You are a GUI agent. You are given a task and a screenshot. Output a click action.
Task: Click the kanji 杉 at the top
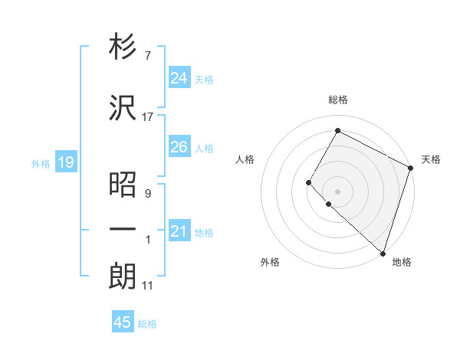[x=123, y=47]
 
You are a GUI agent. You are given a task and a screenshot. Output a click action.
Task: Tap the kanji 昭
[x=123, y=185]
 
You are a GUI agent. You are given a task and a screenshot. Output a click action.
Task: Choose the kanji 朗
[x=123, y=277]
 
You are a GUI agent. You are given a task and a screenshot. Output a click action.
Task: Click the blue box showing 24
[x=179, y=78]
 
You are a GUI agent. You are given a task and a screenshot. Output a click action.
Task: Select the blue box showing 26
[x=179, y=147]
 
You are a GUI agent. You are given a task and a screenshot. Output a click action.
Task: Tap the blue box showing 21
[x=179, y=231]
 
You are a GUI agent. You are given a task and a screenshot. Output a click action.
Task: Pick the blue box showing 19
[x=65, y=162]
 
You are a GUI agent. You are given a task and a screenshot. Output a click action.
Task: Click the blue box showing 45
[x=123, y=323]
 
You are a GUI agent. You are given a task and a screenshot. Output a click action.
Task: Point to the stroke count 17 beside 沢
[x=148, y=117]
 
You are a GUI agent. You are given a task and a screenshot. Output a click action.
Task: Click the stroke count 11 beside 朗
[x=148, y=286]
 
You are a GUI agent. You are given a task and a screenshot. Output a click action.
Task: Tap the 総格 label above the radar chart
[x=338, y=100]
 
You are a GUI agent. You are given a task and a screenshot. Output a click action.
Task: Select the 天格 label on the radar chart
[x=431, y=159]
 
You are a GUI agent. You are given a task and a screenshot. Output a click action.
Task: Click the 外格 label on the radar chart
[x=270, y=262]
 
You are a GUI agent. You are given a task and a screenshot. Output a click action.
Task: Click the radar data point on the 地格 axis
[x=383, y=253]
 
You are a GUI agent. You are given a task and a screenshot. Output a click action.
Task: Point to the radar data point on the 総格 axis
[x=337, y=131]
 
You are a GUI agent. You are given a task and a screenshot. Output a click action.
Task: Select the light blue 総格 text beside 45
[x=147, y=324]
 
